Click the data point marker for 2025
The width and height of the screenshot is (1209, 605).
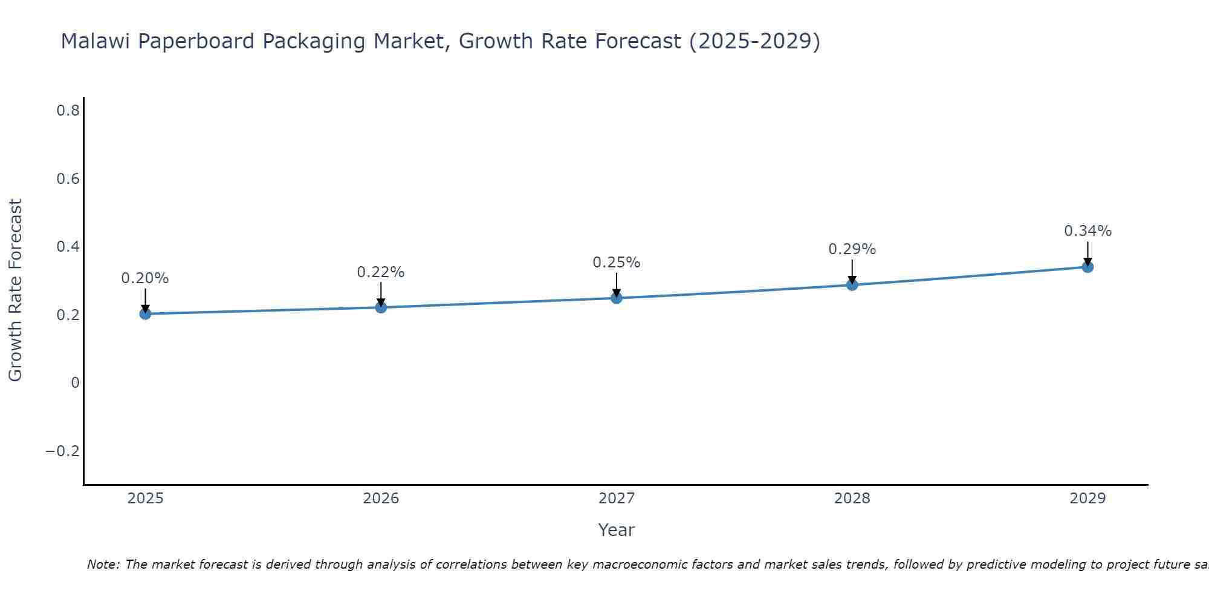pos(145,313)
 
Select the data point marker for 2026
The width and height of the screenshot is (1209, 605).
pos(381,307)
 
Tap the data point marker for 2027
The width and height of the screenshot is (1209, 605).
pos(617,298)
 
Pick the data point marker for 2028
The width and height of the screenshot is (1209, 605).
pos(852,284)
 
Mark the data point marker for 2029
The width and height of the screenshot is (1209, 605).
pos(1087,267)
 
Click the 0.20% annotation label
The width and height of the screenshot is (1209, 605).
pos(145,278)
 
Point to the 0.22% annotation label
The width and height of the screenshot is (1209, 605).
pos(381,272)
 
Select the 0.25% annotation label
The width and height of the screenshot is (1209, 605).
pos(617,263)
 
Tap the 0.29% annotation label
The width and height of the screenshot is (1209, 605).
pos(852,249)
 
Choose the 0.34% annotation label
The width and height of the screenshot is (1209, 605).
pos(1087,231)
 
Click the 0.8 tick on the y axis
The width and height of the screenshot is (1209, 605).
pos(68,111)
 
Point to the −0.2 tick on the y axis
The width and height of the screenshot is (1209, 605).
pos(62,451)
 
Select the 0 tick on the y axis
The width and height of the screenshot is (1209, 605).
pos(75,383)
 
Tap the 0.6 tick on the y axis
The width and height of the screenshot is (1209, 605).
pos(68,179)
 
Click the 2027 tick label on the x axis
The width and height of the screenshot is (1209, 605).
pos(617,499)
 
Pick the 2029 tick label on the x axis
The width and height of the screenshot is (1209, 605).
pos(1087,499)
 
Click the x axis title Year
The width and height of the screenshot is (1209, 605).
pos(616,531)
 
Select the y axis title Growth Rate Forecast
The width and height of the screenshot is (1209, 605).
pos(15,290)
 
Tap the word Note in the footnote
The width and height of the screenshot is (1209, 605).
pos(103,564)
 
